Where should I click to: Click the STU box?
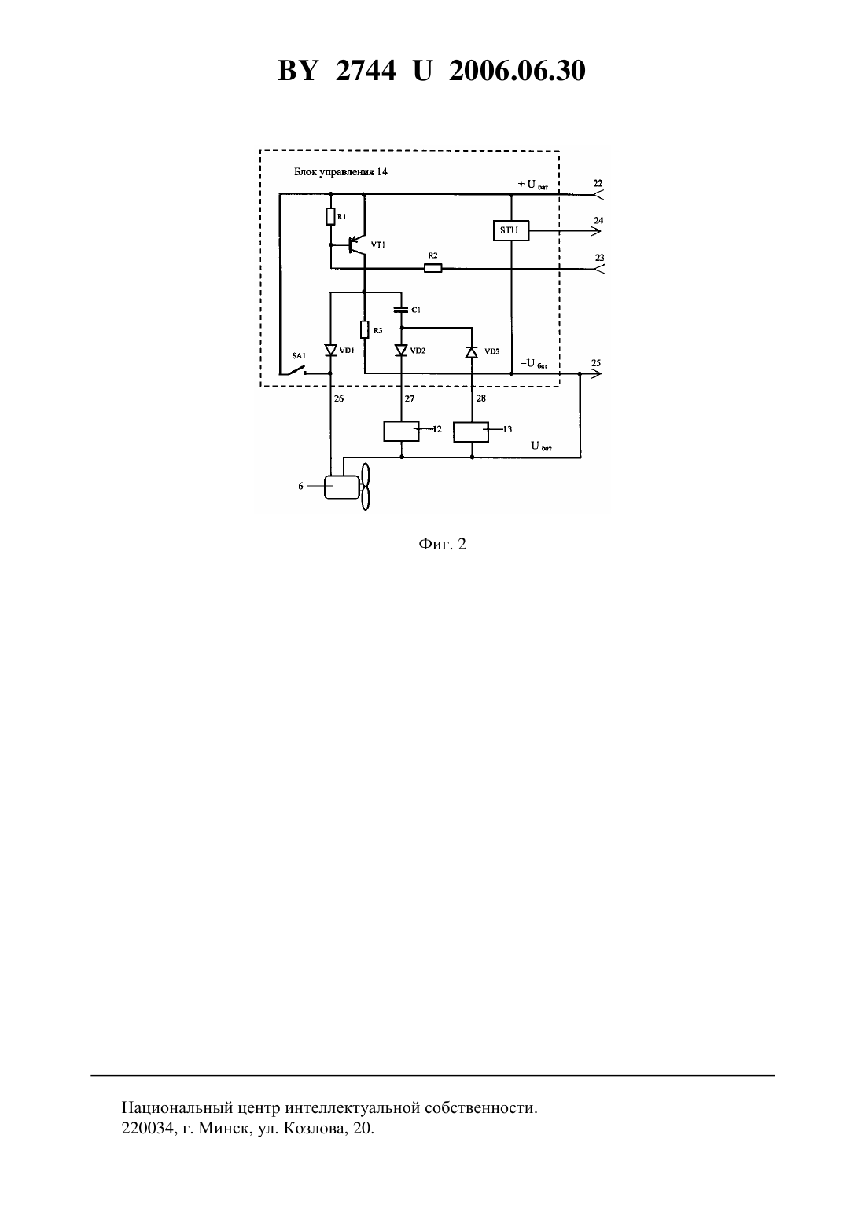[510, 230]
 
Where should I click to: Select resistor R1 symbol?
[330, 216]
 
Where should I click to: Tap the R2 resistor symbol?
[433, 268]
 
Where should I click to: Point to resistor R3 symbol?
[365, 330]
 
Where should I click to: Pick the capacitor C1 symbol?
[401, 310]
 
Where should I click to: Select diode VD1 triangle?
[330, 350]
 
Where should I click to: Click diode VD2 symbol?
[401, 350]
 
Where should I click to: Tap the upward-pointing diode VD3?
[472, 352]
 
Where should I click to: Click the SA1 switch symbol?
[294, 369]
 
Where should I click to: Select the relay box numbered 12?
[401, 431]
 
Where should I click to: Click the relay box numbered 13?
[472, 432]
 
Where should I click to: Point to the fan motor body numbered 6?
[342, 487]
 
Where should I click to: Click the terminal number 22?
[598, 183]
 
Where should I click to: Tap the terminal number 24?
[599, 221]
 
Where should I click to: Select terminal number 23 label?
[599, 258]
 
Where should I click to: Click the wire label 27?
[410, 398]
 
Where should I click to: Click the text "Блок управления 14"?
[341, 172]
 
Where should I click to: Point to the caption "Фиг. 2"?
[442, 544]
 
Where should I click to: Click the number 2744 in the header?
[366, 71]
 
